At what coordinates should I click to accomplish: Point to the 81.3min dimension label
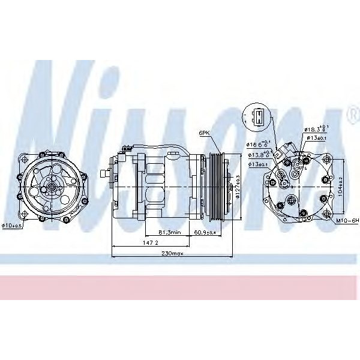170,232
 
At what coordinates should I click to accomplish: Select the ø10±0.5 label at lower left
12,226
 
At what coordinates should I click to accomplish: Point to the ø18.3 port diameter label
316,128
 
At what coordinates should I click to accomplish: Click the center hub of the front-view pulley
52,187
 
